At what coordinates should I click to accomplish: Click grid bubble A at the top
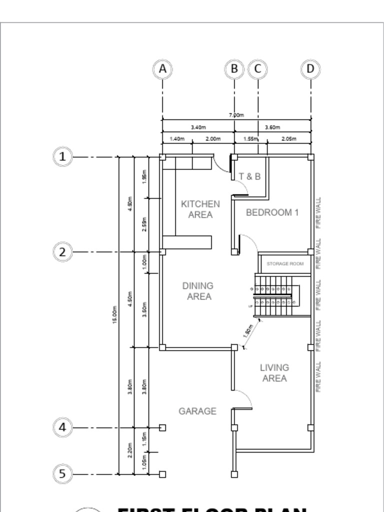click(x=162, y=69)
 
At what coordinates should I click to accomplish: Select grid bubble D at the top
click(x=310, y=69)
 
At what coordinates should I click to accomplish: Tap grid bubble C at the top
click(x=258, y=69)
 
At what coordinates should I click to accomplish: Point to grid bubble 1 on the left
click(x=62, y=157)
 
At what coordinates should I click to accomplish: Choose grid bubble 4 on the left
click(x=62, y=427)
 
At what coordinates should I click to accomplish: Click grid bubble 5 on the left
click(x=62, y=473)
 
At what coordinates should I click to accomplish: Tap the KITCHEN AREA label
click(x=200, y=209)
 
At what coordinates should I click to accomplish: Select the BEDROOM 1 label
click(x=272, y=212)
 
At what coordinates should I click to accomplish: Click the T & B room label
click(x=249, y=176)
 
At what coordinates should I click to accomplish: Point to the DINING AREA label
click(x=197, y=291)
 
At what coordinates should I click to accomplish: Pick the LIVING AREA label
click(x=274, y=373)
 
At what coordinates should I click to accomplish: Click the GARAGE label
click(x=197, y=411)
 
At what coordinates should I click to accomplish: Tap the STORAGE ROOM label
click(x=285, y=263)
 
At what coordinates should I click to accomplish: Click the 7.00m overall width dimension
click(x=236, y=115)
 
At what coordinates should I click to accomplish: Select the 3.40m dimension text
click(x=198, y=127)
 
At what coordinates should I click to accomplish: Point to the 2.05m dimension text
click(x=288, y=139)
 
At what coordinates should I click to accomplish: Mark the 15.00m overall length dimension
click(x=115, y=314)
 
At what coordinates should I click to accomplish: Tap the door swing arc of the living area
click(x=244, y=398)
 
